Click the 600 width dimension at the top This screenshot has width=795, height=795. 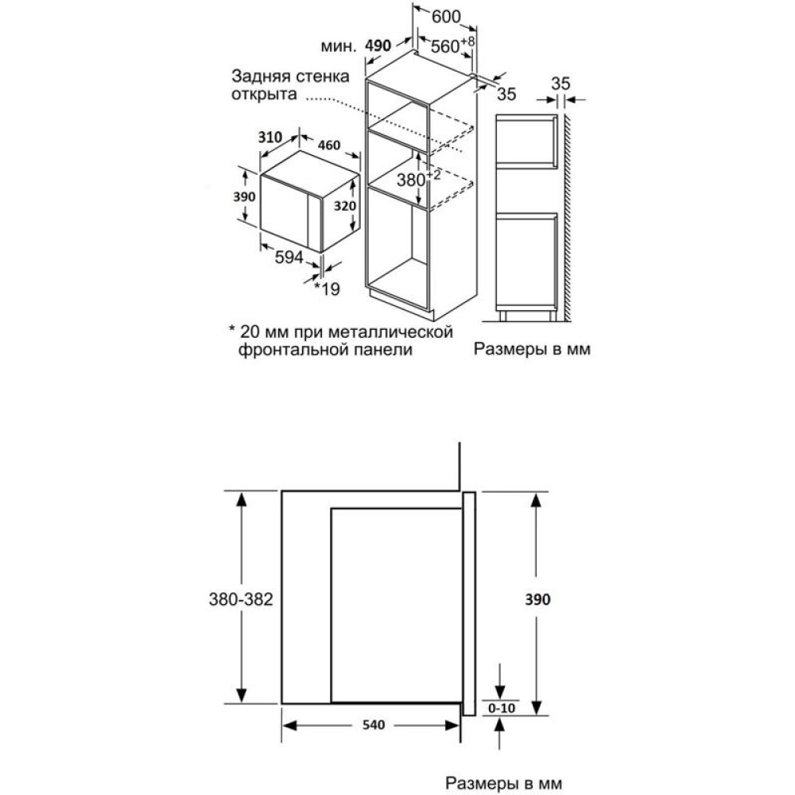coord(448,16)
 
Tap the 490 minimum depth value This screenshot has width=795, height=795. coord(378,46)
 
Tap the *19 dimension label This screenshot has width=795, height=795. coord(327,289)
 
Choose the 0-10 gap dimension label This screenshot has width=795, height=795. coord(498,707)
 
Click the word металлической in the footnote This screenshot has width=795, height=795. coord(401,331)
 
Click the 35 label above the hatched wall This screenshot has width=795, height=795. coord(561,83)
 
